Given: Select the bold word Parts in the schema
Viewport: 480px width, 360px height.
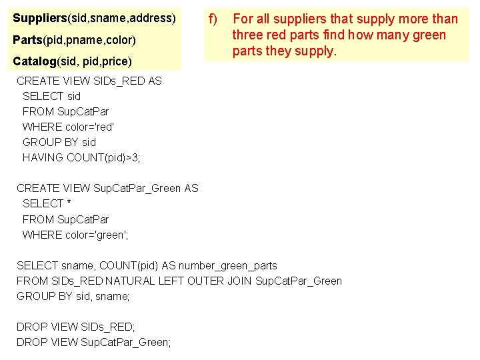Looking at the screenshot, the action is point(27,40).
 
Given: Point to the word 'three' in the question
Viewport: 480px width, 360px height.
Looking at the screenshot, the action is point(247,35).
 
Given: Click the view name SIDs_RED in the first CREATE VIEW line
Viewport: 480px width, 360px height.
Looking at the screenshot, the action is point(114,81).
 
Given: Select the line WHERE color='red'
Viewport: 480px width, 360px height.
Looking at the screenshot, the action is point(69,127).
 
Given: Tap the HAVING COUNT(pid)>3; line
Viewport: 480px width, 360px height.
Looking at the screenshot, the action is point(81,157).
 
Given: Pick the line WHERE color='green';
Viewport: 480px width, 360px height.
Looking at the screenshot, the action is point(75,235).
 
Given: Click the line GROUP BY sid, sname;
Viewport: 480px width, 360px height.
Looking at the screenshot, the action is point(73,296).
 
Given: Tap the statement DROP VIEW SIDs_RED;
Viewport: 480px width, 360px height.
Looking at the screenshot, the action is point(75,327).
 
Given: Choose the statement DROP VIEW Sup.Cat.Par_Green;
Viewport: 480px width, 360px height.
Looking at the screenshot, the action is point(93,342).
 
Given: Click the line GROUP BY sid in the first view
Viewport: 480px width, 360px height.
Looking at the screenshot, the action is point(59,142).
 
